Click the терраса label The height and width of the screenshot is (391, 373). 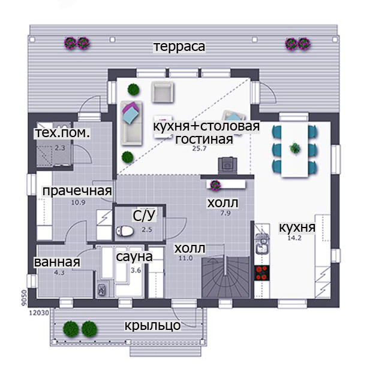click(x=179, y=47)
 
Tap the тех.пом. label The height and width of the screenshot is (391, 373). click(x=62, y=133)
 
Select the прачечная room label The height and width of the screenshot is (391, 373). click(x=77, y=191)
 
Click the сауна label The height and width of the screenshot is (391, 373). click(x=134, y=257)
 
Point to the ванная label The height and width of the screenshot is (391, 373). click(x=57, y=262)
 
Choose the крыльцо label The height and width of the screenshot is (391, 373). click(x=152, y=325)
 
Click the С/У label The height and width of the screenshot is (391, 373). click(x=144, y=216)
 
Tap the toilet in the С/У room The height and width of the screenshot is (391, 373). click(x=125, y=231)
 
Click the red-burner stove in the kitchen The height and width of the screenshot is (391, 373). click(x=261, y=273)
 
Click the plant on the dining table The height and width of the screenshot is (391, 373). click(x=295, y=148)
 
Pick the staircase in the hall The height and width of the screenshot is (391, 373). click(x=225, y=277)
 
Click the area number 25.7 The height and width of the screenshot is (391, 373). click(x=199, y=148)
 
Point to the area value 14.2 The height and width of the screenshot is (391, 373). click(x=294, y=238)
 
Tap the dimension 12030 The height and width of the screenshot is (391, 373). click(x=39, y=313)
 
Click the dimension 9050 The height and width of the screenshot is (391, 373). click(x=24, y=298)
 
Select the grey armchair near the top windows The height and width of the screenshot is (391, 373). click(x=163, y=92)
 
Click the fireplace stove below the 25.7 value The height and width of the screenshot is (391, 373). click(x=227, y=166)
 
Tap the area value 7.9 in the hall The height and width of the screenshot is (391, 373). click(x=225, y=213)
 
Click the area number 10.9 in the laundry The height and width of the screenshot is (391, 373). click(x=79, y=203)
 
